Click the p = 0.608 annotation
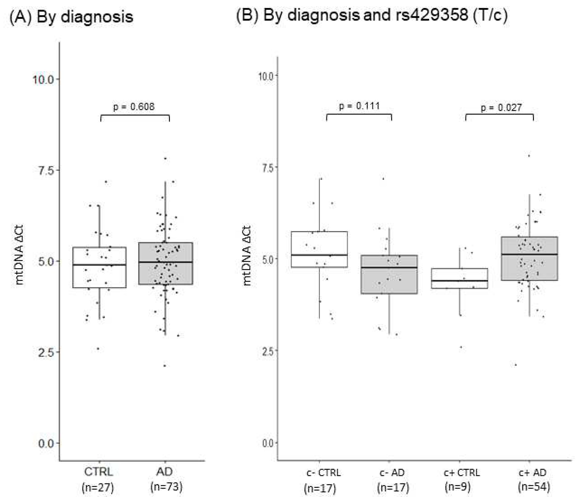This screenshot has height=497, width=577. coord(134,107)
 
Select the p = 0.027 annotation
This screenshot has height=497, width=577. coord(501,107)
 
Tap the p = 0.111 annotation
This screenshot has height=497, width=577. coord(359,106)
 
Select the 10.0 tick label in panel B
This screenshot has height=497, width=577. coord(266,76)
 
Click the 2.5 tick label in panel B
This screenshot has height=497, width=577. coord(268,351)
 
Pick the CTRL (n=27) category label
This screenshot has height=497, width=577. coord(98,479)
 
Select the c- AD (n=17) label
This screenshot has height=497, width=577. coord(392,479)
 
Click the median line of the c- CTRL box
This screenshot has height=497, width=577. coord(319,255)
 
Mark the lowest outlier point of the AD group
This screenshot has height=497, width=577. coord(165,366)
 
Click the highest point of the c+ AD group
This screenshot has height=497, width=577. coord(529,156)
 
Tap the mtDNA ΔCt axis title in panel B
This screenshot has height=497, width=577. coord(247,256)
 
